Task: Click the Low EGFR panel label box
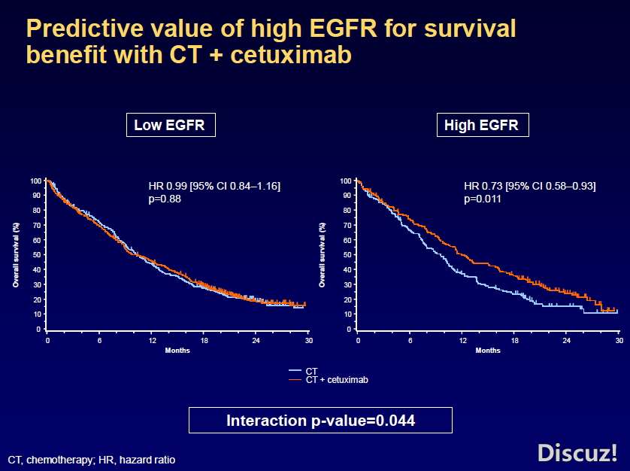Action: (x=171, y=126)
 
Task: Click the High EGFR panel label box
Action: (x=482, y=126)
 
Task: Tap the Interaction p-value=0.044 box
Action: (x=320, y=420)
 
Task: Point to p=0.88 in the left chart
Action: (x=165, y=199)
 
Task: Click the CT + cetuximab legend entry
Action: (x=336, y=380)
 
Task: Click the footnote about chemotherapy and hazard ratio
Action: (x=91, y=459)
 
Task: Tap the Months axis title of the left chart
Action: (x=177, y=351)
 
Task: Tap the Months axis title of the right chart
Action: (x=488, y=351)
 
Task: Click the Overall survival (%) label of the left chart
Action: (x=15, y=254)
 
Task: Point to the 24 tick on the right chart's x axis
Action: (x=566, y=341)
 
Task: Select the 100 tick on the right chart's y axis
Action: (x=347, y=181)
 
